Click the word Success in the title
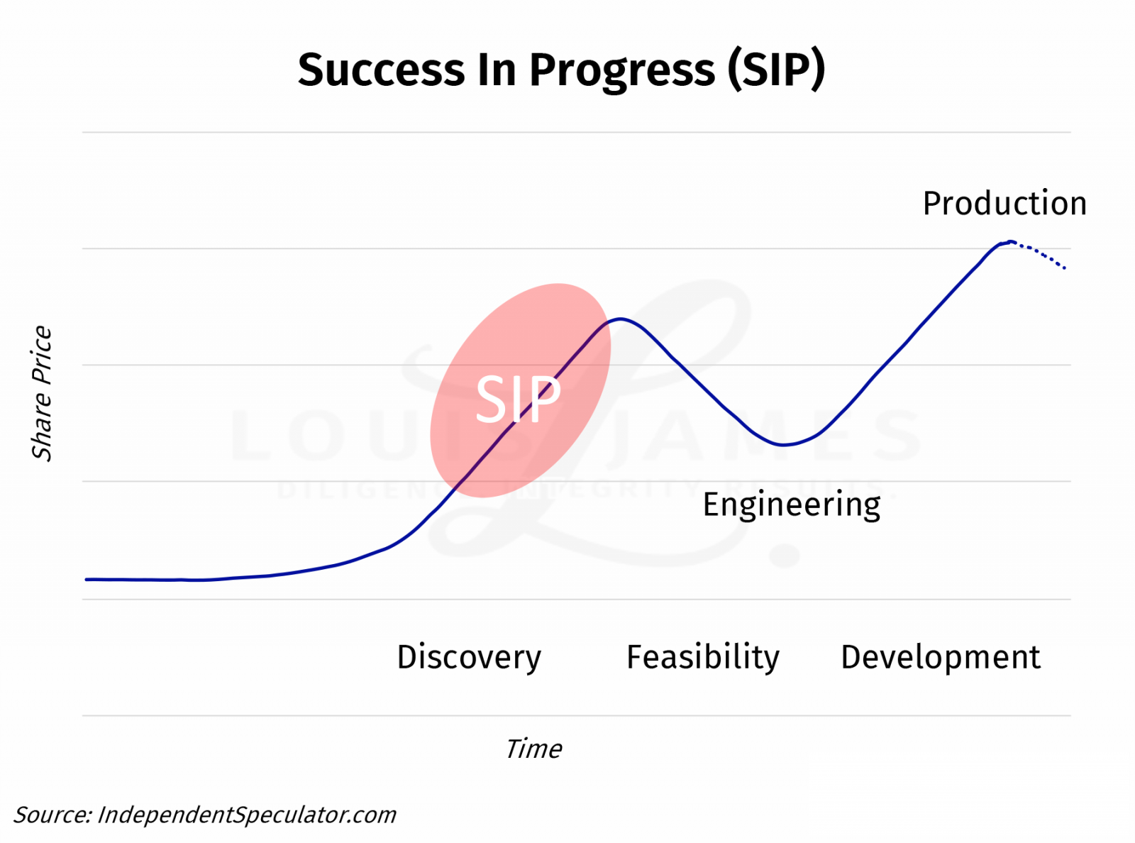tap(381, 70)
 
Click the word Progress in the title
tap(621, 71)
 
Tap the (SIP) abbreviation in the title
tap(776, 70)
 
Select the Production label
tap(1004, 204)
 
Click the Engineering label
tap(791, 505)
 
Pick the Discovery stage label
tap(469, 657)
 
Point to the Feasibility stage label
tap(702, 657)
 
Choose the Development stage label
tap(940, 657)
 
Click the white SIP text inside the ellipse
tap(518, 400)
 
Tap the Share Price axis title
tap(42, 393)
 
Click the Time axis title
tap(533, 749)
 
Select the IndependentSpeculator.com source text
tap(246, 815)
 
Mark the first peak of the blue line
tap(620, 319)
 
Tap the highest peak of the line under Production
tap(1009, 242)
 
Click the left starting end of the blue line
tap(87, 580)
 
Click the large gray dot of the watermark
tap(785, 555)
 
